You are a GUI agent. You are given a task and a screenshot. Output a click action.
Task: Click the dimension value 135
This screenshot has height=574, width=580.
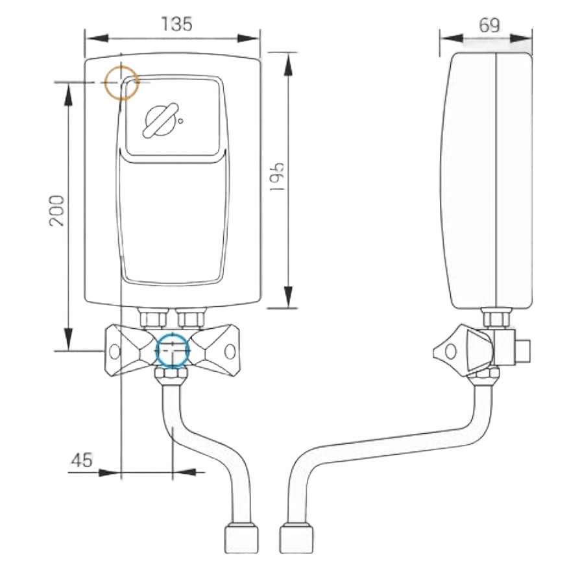[177, 25]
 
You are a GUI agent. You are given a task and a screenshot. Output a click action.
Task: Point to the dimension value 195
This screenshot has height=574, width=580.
[277, 176]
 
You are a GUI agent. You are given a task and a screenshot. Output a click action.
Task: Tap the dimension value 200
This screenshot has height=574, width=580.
[57, 209]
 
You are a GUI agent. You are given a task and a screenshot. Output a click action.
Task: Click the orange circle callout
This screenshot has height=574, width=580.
[121, 82]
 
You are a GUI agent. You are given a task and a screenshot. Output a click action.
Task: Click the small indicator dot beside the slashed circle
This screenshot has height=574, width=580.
[181, 120]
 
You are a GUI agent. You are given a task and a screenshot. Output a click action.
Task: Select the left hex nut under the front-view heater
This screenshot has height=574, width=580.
[152, 318]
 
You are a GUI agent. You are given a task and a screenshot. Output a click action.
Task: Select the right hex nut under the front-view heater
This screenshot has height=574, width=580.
[191, 318]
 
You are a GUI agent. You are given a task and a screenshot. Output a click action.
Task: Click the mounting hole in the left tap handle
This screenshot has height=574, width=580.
[115, 351]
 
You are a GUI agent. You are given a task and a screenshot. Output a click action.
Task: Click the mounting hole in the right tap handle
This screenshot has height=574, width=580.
[230, 351]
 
